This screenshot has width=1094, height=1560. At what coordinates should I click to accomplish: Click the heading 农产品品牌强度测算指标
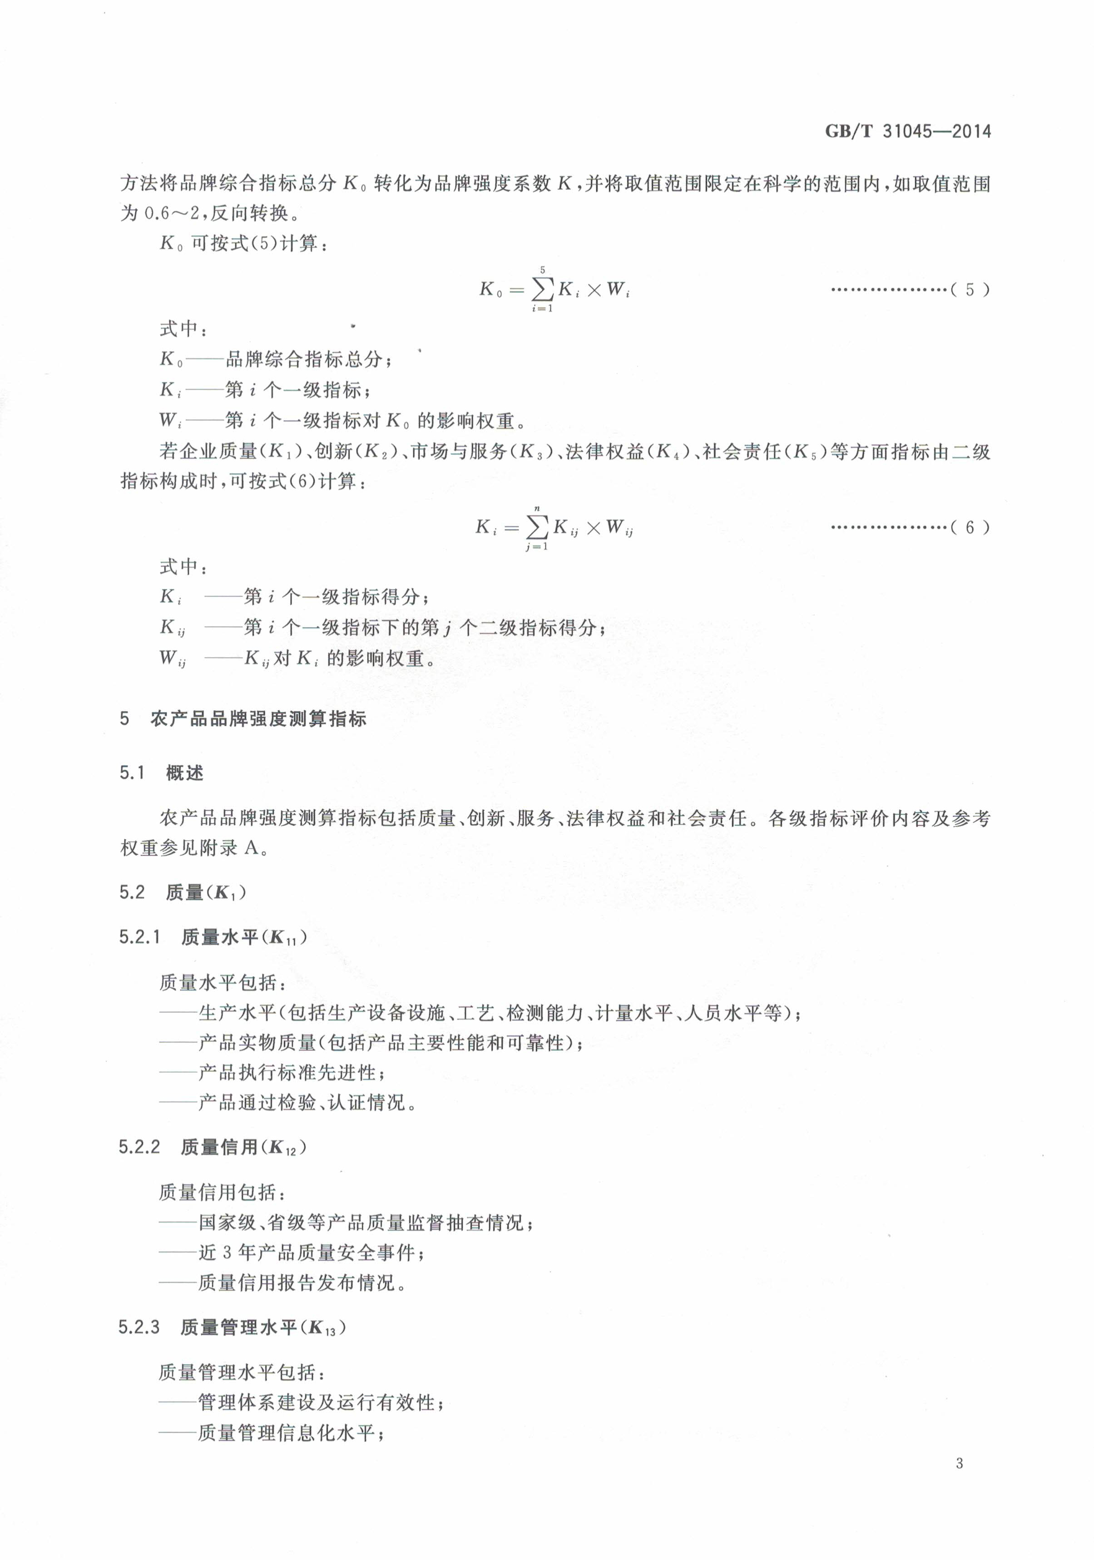point(258,719)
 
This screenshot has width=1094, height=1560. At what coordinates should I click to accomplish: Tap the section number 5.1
point(133,773)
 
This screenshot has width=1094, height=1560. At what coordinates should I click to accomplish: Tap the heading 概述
point(184,773)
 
